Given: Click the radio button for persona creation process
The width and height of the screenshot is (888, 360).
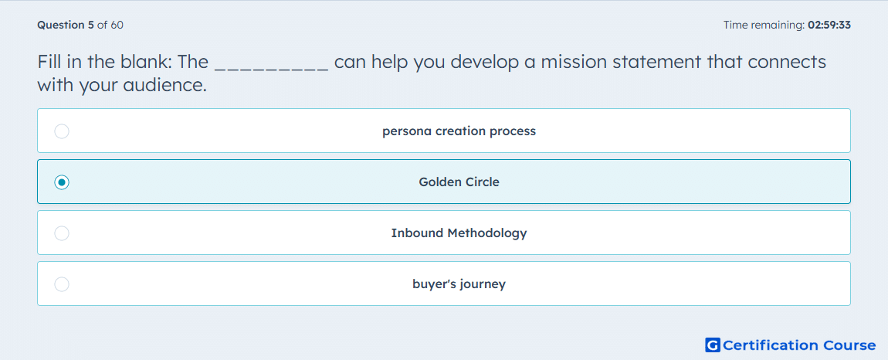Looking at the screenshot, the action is click(62, 131).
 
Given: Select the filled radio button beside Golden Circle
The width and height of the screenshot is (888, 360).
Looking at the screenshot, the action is click(62, 182).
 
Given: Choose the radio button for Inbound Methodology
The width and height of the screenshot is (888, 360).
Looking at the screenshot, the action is click(62, 233).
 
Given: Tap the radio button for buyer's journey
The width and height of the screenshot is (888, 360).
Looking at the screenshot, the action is click(62, 284).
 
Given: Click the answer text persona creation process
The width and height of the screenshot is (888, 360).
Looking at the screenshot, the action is click(459, 131).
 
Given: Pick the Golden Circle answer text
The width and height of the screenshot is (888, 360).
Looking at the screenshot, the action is click(459, 182).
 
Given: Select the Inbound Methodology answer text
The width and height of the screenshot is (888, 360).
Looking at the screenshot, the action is click(459, 233).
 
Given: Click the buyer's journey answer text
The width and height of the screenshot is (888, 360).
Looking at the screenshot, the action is click(459, 284).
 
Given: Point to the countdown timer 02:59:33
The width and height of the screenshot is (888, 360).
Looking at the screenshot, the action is click(829, 25).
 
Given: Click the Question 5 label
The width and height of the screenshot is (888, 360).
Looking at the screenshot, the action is click(66, 25).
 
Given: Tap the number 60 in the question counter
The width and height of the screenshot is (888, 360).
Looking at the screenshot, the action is click(117, 25).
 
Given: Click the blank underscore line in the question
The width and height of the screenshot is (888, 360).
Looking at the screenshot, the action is click(272, 70).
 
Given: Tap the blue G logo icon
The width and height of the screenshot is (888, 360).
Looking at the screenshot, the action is click(713, 345).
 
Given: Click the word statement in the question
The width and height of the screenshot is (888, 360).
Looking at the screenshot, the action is click(658, 62).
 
